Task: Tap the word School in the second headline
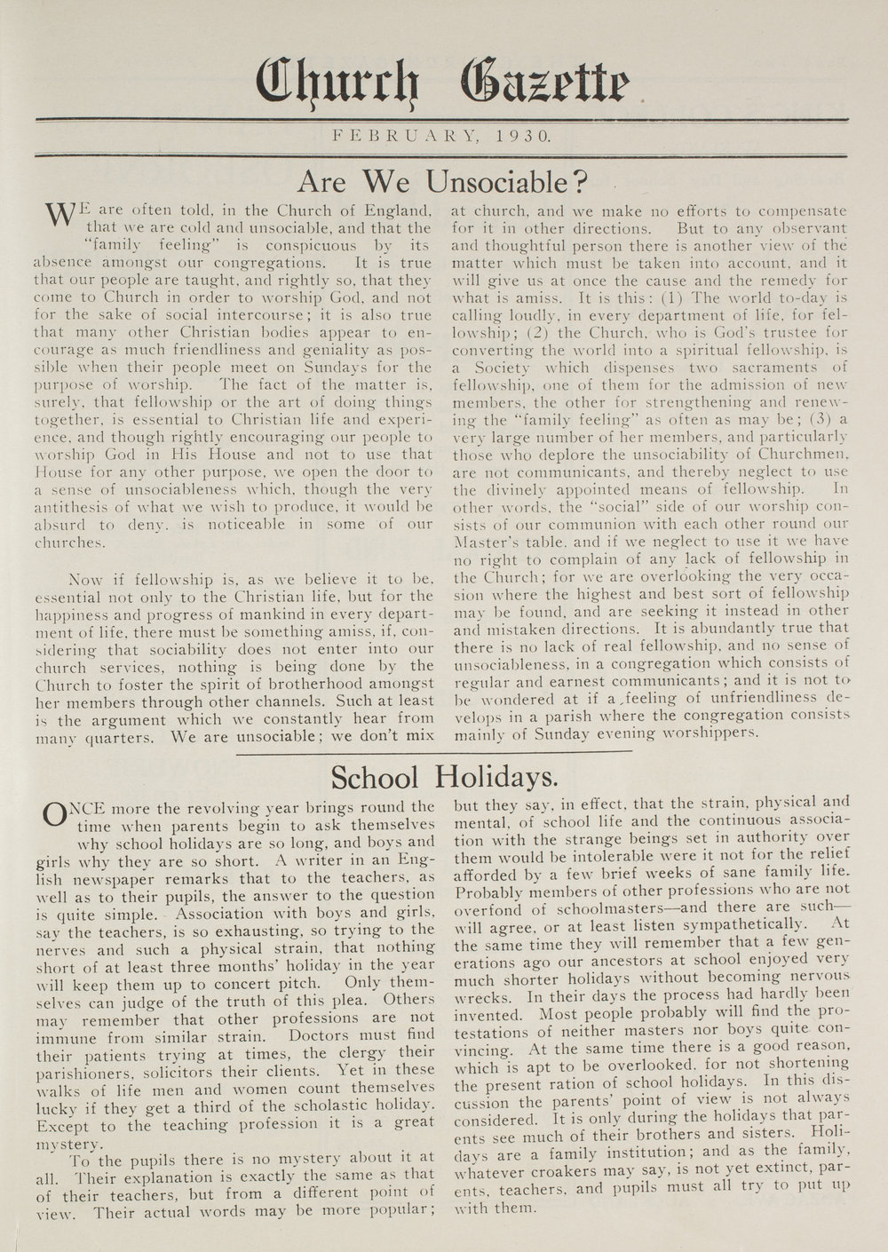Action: (x=373, y=778)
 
